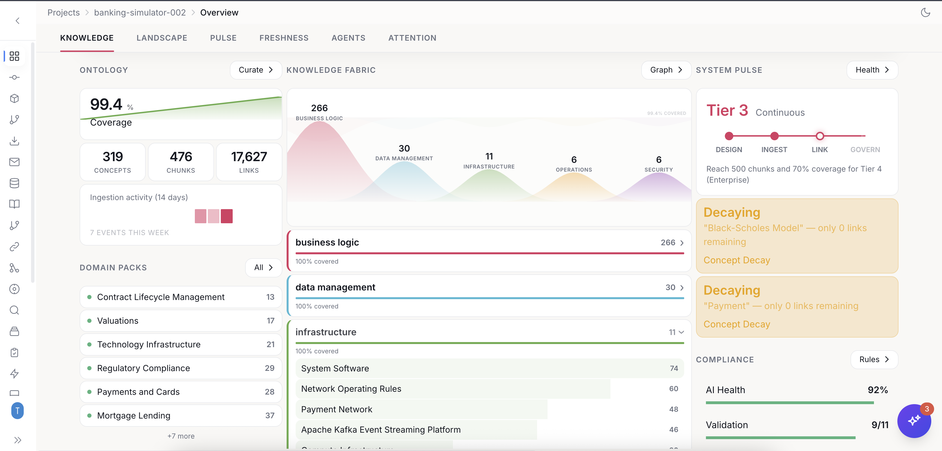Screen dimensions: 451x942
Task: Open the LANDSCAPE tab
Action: pyautogui.click(x=162, y=38)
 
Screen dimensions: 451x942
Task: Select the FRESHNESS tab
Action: pyautogui.click(x=284, y=38)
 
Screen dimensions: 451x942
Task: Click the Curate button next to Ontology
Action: pyautogui.click(x=256, y=70)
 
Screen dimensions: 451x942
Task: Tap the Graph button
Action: pyautogui.click(x=666, y=70)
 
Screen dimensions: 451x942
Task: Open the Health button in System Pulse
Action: pyautogui.click(x=872, y=70)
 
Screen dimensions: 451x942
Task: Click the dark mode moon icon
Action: pyautogui.click(x=925, y=13)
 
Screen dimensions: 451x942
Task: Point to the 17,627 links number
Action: pyautogui.click(x=249, y=157)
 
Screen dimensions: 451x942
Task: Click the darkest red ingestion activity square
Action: pyautogui.click(x=226, y=216)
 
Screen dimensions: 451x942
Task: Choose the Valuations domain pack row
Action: pyautogui.click(x=181, y=321)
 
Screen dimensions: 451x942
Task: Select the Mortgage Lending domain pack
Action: pyautogui.click(x=181, y=415)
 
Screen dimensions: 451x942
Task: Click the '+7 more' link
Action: pyautogui.click(x=181, y=436)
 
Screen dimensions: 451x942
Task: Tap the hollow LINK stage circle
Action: pyautogui.click(x=819, y=136)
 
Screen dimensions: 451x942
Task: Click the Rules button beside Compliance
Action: pyautogui.click(x=874, y=360)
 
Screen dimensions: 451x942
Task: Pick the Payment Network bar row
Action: pyautogui.click(x=489, y=409)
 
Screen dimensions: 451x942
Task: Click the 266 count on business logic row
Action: pyautogui.click(x=668, y=242)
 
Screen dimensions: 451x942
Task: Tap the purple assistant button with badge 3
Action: pyautogui.click(x=914, y=421)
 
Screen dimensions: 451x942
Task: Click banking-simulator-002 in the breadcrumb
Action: pyautogui.click(x=140, y=13)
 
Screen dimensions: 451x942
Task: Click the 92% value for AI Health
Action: pyautogui.click(x=878, y=390)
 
